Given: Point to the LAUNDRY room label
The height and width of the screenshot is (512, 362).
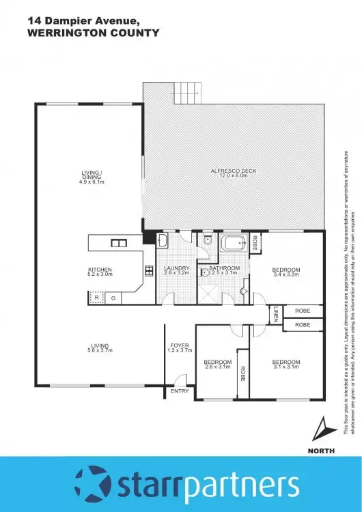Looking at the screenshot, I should coord(176,269).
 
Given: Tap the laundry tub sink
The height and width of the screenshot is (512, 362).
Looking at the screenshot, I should coord(163,240).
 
